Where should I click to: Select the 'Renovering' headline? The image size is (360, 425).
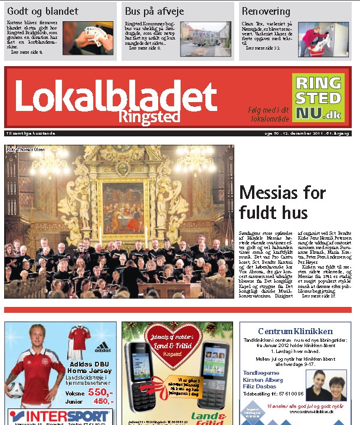(x=266, y=11)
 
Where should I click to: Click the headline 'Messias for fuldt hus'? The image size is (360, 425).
(x=282, y=202)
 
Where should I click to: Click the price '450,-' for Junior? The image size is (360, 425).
(x=103, y=401)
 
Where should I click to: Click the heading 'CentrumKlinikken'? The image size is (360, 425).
(x=296, y=331)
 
